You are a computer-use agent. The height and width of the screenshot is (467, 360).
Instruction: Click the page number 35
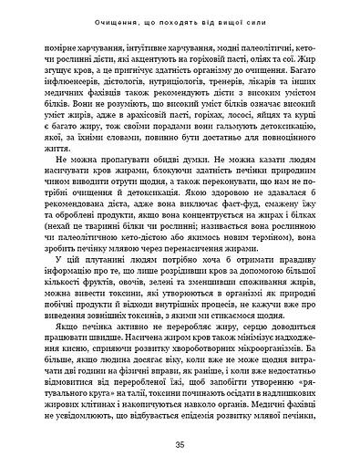coord(180,444)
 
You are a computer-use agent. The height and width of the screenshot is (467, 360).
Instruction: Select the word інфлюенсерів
coord(79,92)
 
